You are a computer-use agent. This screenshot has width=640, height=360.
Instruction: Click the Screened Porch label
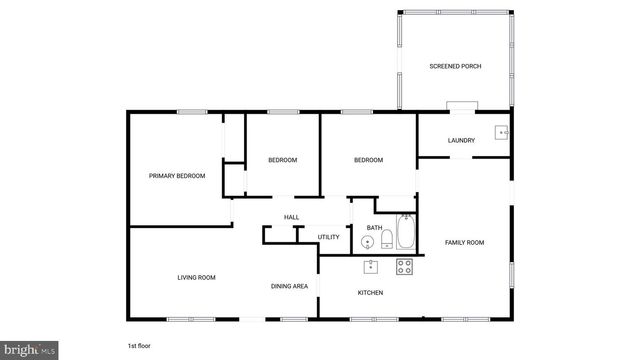[x=455, y=66]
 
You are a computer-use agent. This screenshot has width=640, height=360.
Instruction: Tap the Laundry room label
[x=461, y=140]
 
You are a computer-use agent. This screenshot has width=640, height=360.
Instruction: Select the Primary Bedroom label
[x=177, y=176]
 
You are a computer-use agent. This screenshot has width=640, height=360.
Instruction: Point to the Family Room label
[x=464, y=243]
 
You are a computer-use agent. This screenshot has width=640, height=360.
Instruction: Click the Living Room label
[x=197, y=277]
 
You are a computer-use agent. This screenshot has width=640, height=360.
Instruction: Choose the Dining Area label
[x=289, y=287]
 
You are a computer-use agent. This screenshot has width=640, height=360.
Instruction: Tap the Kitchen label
[x=371, y=292]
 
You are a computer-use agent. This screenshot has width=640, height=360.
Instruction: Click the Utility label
[x=329, y=237]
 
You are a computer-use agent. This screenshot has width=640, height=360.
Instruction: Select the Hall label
[x=291, y=217]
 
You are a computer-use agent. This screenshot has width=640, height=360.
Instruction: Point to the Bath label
[x=373, y=227]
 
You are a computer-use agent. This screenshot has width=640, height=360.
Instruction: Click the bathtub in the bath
[x=405, y=232]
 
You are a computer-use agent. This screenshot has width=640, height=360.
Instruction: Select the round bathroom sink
[x=366, y=241]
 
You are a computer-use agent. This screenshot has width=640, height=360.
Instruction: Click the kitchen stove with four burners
[x=405, y=266]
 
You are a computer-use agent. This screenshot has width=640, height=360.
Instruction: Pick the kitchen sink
[x=371, y=266]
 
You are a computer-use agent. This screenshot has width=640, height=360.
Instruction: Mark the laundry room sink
[x=502, y=131]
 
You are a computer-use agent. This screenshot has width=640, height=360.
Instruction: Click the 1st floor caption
[x=139, y=345]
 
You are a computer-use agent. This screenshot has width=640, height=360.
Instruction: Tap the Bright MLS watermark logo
[x=29, y=350]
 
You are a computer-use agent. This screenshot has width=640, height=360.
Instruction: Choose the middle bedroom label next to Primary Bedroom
[x=282, y=160]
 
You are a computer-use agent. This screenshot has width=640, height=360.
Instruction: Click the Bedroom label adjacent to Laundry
[x=369, y=160]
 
